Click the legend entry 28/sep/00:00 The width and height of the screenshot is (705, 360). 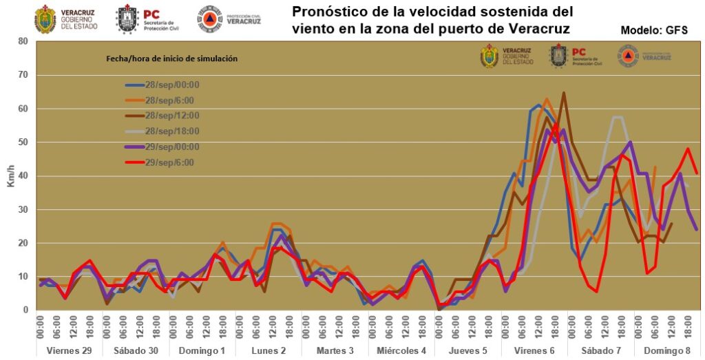162,85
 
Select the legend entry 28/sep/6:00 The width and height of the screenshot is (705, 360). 161,100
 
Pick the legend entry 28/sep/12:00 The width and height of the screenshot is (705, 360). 162,116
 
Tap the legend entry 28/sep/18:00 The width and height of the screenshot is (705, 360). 162,131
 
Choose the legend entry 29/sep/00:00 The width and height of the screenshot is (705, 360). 162,147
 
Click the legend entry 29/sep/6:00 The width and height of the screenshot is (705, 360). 161,162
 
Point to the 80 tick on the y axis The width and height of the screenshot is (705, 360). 23,41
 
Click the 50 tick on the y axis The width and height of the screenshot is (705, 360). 23,142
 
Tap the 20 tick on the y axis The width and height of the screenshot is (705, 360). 23,243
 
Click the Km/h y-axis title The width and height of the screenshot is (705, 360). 10,176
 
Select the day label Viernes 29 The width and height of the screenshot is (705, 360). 67,350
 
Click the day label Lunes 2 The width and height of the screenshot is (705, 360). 269,350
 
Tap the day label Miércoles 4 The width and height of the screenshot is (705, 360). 402,350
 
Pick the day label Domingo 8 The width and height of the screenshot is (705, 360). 667,350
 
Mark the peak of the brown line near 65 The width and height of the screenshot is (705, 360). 564,92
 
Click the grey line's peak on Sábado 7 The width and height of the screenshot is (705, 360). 617,117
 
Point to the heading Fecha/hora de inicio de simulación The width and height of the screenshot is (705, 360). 171,59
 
